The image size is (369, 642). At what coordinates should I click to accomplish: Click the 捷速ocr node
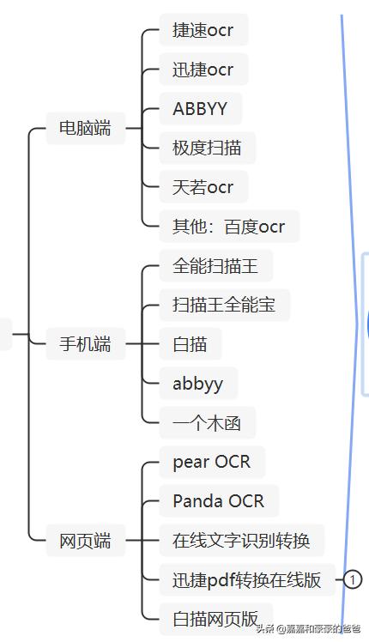pos(203,30)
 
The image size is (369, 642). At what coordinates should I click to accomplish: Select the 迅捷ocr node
pos(203,70)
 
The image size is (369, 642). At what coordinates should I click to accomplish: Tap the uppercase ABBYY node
pos(200,108)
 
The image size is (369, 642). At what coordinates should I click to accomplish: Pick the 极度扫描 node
pos(207,148)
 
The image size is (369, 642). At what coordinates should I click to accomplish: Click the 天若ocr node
pos(203,187)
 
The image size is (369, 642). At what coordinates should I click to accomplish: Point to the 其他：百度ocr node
pos(229,227)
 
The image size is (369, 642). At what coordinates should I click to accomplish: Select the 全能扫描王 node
pos(216,266)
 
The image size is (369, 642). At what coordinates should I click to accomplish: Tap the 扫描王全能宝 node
pos(225,305)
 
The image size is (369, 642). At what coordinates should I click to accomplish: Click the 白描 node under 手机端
pos(190,344)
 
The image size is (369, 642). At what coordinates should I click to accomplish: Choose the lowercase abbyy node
pos(198,384)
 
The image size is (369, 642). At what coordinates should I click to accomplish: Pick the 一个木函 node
pos(207,423)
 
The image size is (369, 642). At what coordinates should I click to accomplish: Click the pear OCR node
pos(212,463)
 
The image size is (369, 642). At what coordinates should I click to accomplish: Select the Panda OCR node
pos(219,501)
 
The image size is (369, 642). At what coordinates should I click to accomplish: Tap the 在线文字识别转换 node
pos(242,541)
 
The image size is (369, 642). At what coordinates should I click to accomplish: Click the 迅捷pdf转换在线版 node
pos(247,580)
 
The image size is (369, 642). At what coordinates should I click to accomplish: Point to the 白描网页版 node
pos(216,619)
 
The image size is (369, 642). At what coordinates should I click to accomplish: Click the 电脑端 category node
pos(85,128)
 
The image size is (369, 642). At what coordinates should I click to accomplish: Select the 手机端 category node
pos(85,344)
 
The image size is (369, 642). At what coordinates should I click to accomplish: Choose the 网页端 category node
pos(85,541)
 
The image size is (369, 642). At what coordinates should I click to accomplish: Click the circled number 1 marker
pos(353,579)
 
